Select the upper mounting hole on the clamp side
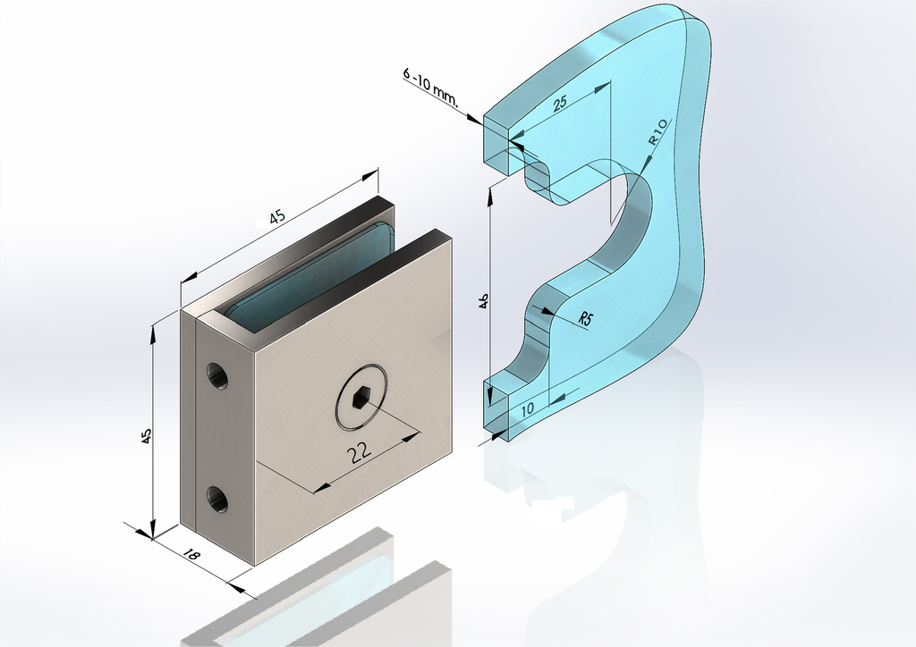[216, 376]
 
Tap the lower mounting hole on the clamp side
[216, 499]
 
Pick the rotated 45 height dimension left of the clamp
[147, 435]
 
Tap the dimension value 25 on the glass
[560, 104]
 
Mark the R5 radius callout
[587, 319]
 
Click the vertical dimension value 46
[483, 299]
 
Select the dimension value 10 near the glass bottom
[527, 408]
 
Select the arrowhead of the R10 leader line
[645, 167]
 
